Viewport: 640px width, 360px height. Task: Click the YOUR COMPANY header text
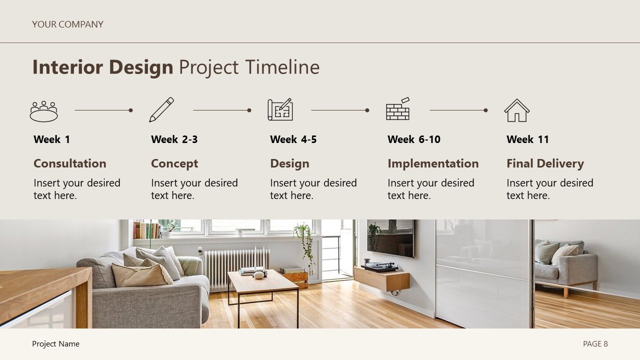coord(67,24)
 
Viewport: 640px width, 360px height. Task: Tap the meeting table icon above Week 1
coord(44,111)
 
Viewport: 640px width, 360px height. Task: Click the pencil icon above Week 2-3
coord(161,109)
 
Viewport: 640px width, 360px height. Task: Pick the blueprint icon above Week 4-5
coord(280,109)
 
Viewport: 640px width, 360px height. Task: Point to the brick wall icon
coord(398,109)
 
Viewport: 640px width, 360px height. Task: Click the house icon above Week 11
coord(516,110)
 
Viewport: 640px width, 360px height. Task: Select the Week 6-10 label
coord(414,139)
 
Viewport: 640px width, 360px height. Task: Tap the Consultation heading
coord(70,163)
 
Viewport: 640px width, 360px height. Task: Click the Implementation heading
coord(433,163)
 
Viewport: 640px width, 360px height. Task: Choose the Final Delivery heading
coord(545,163)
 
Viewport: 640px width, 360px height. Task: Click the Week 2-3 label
coord(174,139)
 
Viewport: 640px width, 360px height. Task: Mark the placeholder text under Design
coord(313,189)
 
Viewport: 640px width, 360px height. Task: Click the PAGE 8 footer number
coord(595,343)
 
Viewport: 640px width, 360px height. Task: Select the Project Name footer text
coord(55,343)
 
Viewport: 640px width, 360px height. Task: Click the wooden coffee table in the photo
coord(262,282)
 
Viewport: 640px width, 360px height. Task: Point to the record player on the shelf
coord(380,267)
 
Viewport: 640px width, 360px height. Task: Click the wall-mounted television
coord(390,238)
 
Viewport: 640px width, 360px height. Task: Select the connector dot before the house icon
coord(485,110)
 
